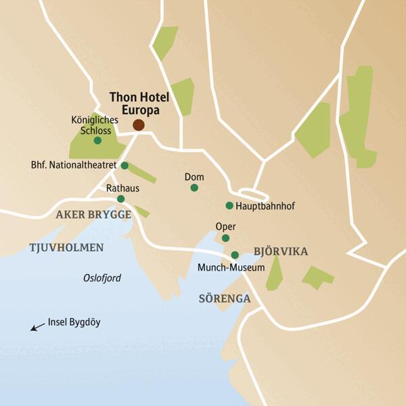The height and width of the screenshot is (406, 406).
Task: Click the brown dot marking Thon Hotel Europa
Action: coord(139,125)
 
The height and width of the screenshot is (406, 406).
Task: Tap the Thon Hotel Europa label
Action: coord(139,104)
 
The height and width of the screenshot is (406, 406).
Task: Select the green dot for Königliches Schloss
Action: coord(97,141)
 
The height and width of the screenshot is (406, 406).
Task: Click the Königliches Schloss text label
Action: coord(95,125)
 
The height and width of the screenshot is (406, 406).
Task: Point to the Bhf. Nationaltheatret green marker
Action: coord(125,165)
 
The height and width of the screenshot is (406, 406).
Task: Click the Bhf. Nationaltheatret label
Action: coord(74,165)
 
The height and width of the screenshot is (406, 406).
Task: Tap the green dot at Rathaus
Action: coord(120,199)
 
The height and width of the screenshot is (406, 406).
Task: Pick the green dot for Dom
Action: coord(194,187)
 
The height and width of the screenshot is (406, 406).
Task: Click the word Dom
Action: coord(194,177)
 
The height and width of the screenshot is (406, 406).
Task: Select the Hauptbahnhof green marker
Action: coord(229,206)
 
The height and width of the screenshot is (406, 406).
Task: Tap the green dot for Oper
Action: coord(225,238)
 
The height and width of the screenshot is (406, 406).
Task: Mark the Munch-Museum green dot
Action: coord(235,255)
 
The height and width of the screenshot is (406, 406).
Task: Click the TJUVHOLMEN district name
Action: coord(66,248)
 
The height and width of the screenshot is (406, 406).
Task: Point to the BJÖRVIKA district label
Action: coord(280,252)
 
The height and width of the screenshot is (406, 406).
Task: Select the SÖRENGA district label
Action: coord(225,298)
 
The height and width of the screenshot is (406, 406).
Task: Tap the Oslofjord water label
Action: coord(102,277)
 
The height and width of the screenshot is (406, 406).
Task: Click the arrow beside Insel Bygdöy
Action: coord(38,327)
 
